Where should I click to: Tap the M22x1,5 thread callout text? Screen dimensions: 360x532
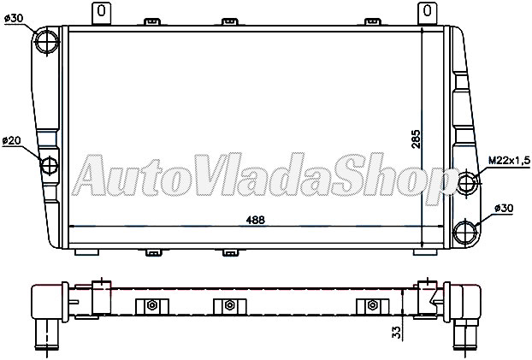tap(510, 160)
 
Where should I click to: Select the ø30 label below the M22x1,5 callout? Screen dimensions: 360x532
tap(507, 207)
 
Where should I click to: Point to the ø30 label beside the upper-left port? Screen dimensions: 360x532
tap(14, 17)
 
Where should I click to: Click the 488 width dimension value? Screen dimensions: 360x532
tap(255, 219)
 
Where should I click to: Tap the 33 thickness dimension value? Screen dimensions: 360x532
tap(396, 333)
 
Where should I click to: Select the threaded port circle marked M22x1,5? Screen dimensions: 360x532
tap(467, 182)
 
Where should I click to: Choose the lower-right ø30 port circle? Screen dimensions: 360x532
tap(466, 231)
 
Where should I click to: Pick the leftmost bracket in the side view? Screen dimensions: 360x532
tap(151, 306)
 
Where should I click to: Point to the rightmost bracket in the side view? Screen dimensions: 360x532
tap(372, 306)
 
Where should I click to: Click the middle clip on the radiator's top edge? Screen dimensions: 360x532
tap(229, 21)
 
